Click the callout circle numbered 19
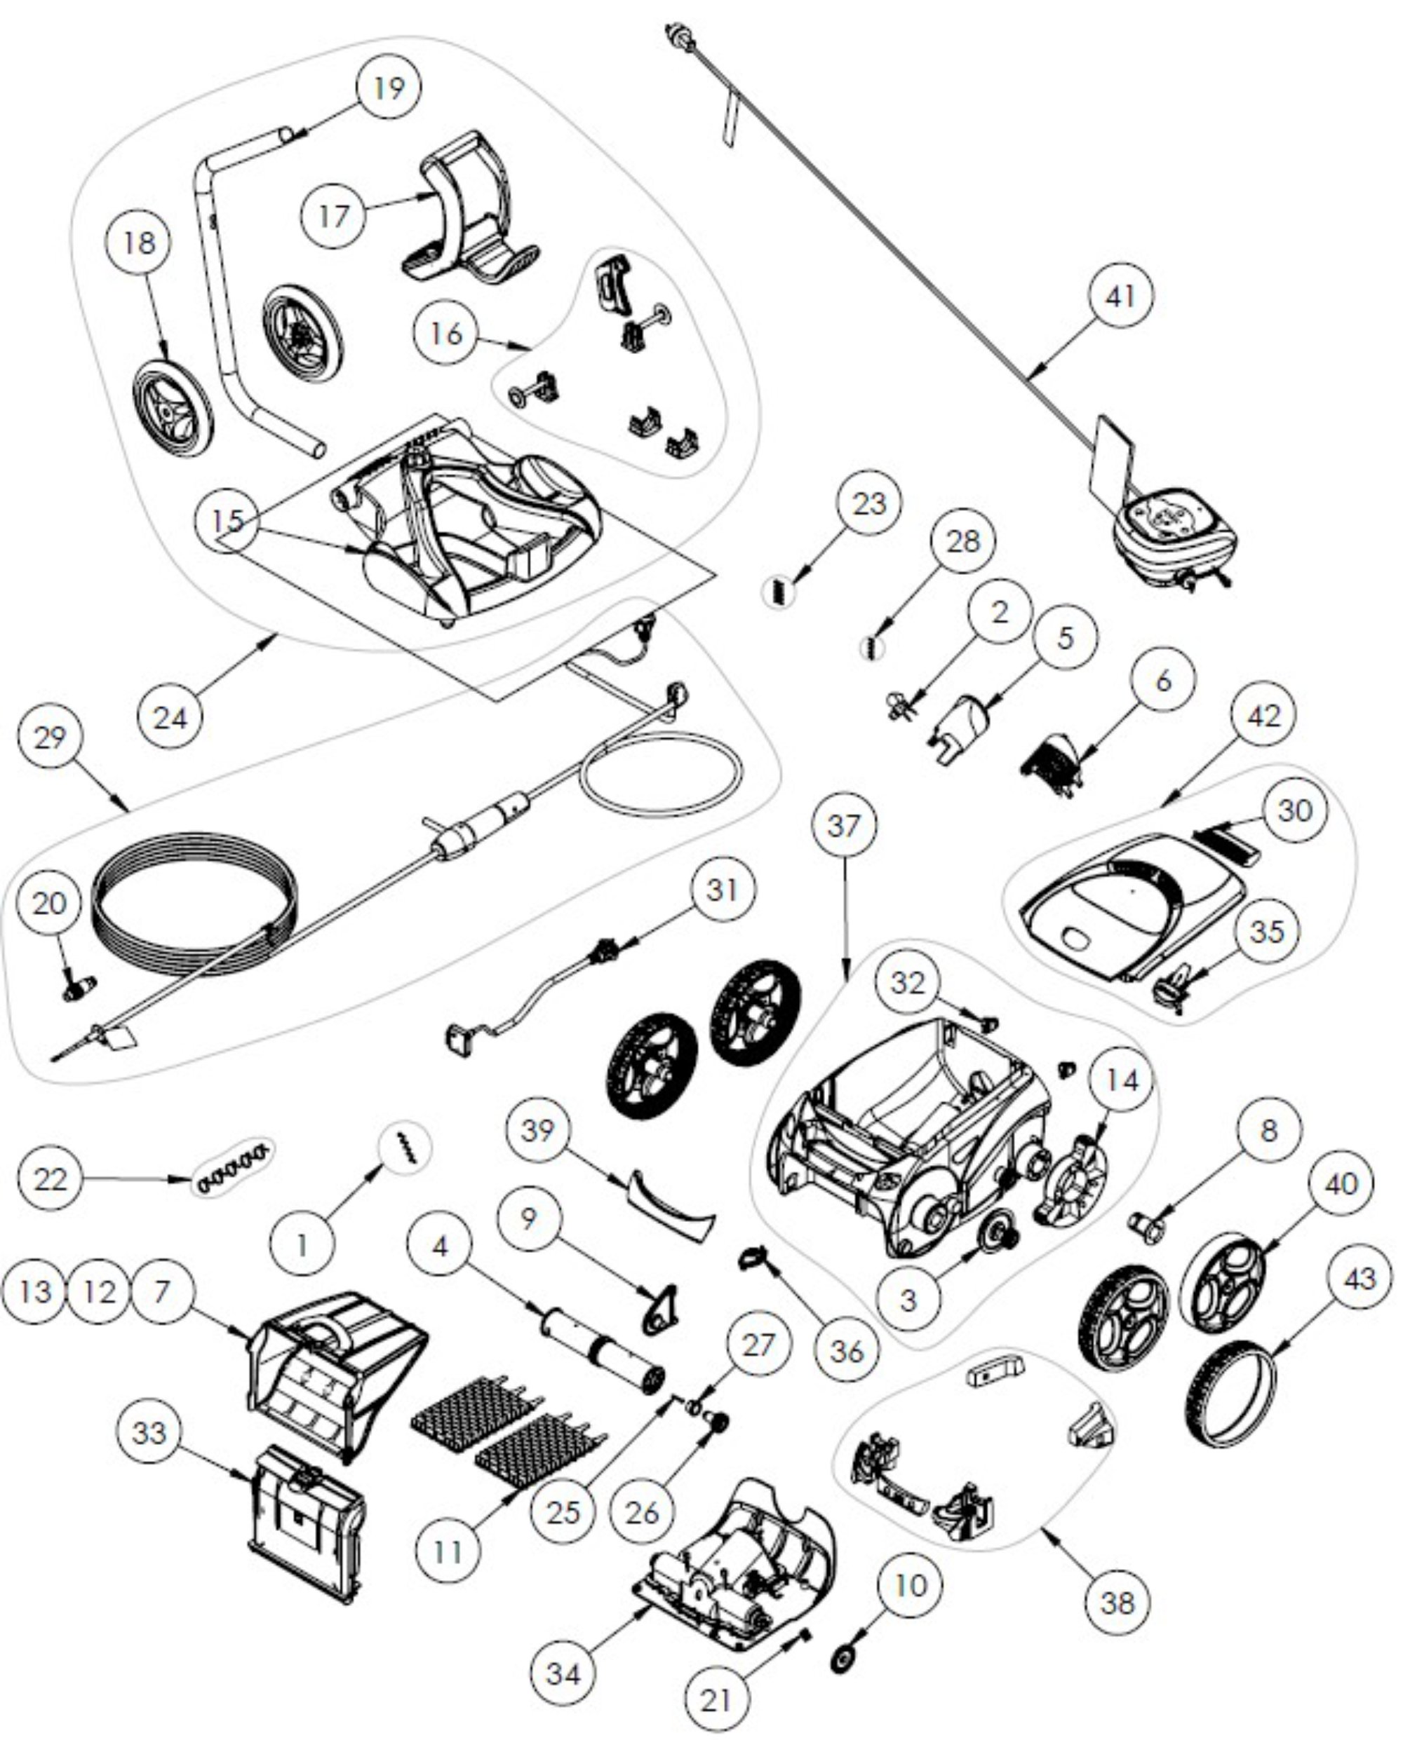[389, 87]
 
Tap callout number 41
[1120, 296]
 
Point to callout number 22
[50, 1178]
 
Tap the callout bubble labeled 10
[911, 1584]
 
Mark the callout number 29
[50, 737]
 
